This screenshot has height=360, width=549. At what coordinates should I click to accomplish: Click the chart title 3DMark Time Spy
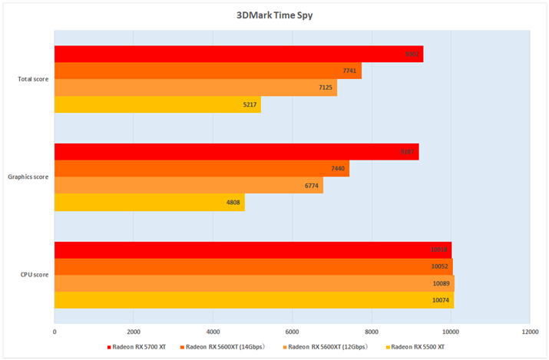[x=274, y=15]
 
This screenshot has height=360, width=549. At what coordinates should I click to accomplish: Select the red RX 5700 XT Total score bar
[x=238, y=54]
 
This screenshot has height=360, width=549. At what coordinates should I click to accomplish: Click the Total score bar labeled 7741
[x=207, y=71]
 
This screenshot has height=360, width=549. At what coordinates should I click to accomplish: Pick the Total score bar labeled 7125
[x=195, y=88]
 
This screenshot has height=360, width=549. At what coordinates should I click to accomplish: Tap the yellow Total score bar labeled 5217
[x=157, y=104]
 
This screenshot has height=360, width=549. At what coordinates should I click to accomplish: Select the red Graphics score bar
[x=236, y=152]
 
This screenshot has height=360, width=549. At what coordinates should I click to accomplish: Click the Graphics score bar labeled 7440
[x=201, y=169]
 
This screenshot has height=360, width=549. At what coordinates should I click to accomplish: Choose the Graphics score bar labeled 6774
[x=188, y=186]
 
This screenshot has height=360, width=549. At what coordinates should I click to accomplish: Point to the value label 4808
[x=232, y=203]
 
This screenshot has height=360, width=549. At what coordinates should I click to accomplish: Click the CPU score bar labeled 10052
[x=253, y=266]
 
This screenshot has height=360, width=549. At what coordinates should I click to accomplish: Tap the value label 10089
[x=442, y=283]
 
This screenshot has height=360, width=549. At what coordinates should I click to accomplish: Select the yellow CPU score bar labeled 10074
[x=253, y=299]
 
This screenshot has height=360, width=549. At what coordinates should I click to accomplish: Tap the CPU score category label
[x=35, y=275]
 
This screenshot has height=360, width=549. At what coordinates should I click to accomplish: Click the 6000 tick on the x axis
[x=292, y=332]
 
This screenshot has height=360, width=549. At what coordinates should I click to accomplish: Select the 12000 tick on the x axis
[x=529, y=332]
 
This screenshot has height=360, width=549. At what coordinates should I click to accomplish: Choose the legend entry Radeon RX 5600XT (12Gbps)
[x=330, y=347]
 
